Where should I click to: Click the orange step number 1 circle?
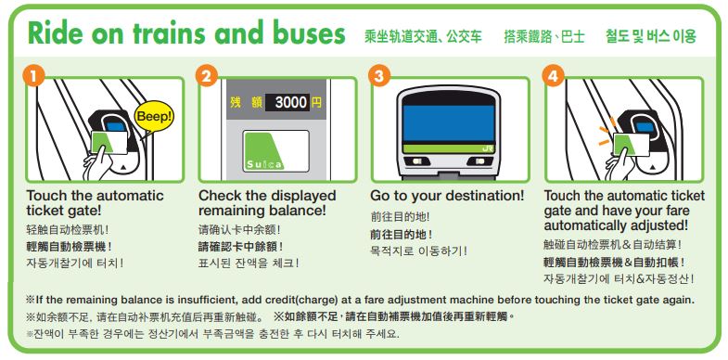pyautogui.click(x=33, y=77)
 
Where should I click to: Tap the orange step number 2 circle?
pyautogui.click(x=206, y=77)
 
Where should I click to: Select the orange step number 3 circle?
pyautogui.click(x=378, y=77)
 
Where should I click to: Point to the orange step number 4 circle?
pyautogui.click(x=552, y=77)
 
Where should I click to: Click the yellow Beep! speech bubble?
pyautogui.click(x=154, y=117)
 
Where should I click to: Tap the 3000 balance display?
pyautogui.click(x=287, y=102)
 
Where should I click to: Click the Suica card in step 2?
pyautogui.click(x=275, y=150)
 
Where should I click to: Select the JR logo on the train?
pyautogui.click(x=488, y=149)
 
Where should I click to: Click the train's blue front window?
pyautogui.click(x=449, y=123)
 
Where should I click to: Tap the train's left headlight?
pyautogui.click(x=417, y=161)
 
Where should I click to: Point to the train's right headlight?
pyautogui.click(x=479, y=161)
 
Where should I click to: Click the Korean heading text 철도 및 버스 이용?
pyautogui.click(x=651, y=36)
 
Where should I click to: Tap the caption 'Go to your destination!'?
pyautogui.click(x=447, y=196)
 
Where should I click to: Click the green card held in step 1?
pyautogui.click(x=109, y=142)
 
